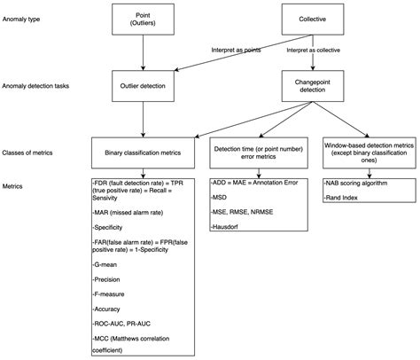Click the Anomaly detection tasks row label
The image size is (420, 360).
point(37,86)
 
